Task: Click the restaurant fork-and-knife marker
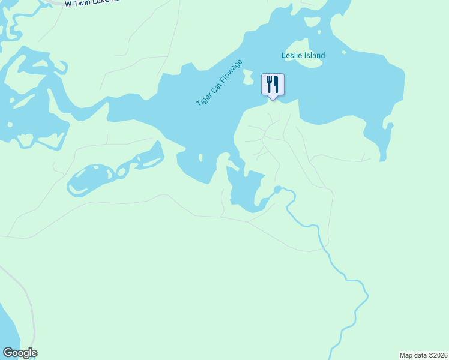click(x=273, y=85)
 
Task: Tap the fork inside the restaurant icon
click(x=269, y=83)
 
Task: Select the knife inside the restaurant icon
click(x=276, y=83)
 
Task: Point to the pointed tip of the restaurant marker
click(x=273, y=100)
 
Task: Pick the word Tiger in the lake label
click(x=202, y=100)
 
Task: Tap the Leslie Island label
click(x=303, y=55)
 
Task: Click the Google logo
click(x=20, y=353)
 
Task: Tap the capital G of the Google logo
click(x=8, y=353)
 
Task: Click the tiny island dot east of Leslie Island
click(x=344, y=52)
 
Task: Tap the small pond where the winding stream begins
click(x=277, y=190)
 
